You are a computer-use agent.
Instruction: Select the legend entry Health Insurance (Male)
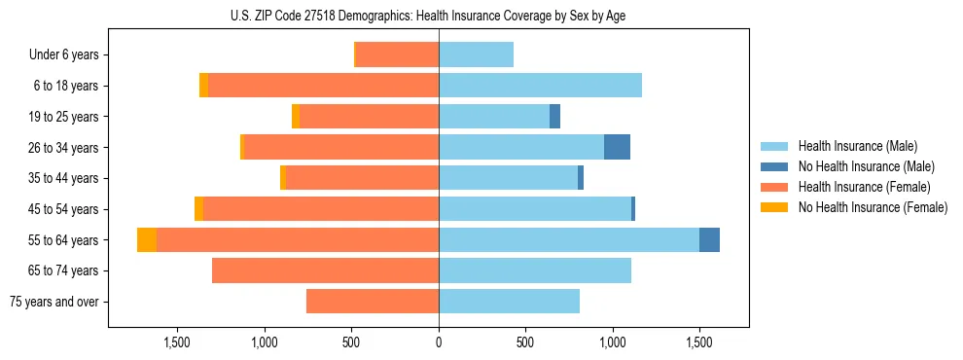tap(855, 146)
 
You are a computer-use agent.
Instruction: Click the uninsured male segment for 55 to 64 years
tap(709, 239)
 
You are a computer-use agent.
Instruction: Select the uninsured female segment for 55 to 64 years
tap(147, 239)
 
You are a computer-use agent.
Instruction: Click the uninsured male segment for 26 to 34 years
tap(617, 147)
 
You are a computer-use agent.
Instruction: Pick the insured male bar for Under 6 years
tap(476, 54)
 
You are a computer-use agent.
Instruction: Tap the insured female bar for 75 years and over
tap(373, 302)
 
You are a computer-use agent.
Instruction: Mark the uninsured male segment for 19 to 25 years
tap(554, 117)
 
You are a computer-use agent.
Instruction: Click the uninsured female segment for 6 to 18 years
tap(203, 86)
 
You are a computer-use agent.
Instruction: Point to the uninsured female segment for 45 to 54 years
tap(198, 209)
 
